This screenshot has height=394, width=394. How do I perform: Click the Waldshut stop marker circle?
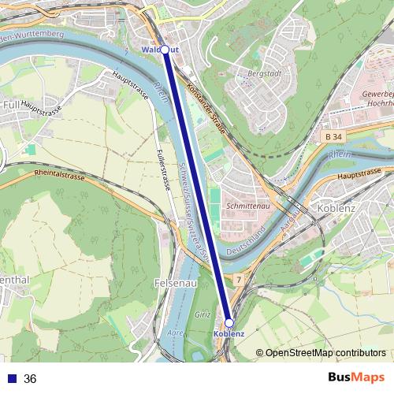(x=165, y=50)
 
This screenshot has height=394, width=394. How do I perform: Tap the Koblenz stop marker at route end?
(x=229, y=323)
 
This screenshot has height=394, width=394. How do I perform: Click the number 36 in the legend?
(x=31, y=379)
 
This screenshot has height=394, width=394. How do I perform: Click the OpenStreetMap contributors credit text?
(x=325, y=352)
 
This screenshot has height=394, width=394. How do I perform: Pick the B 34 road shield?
(x=334, y=137)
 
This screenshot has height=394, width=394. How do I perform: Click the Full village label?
(x=12, y=104)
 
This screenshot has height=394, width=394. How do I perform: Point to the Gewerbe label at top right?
(x=376, y=93)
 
